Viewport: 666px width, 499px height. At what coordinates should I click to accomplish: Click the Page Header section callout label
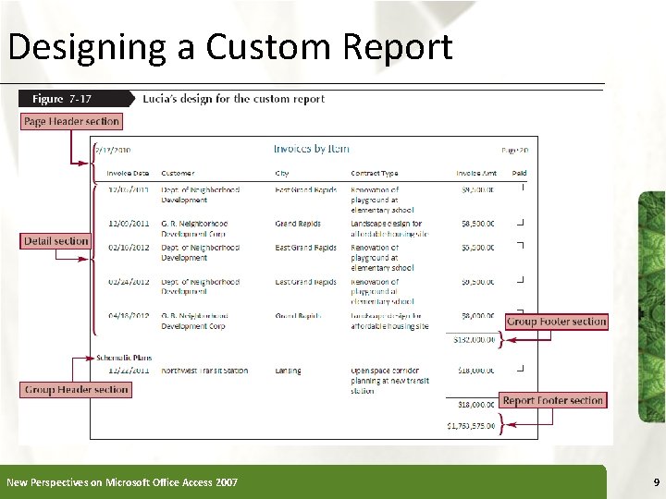point(71,121)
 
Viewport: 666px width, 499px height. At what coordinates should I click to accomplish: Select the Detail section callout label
point(55,241)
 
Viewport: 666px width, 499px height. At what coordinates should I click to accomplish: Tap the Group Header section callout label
point(76,390)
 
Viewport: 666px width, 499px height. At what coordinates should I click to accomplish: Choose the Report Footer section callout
point(553,400)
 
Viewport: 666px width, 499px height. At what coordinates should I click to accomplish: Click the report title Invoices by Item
point(312,149)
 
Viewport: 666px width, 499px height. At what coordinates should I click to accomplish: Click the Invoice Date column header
point(128,173)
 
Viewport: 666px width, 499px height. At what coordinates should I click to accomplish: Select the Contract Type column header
point(375,173)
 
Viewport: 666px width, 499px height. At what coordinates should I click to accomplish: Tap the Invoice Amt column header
point(476,173)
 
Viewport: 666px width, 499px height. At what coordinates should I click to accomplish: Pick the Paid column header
point(519,173)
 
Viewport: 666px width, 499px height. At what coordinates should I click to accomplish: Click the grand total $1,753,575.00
point(471,426)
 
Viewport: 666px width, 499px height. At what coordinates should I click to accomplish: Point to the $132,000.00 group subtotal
point(474,340)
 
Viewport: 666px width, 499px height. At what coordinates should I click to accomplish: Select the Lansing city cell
point(288,371)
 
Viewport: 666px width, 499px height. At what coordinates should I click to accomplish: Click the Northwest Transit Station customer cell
point(204,371)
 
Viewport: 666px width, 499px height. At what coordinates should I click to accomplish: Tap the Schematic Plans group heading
point(123,358)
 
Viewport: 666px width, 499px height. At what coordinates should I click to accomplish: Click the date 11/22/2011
point(128,371)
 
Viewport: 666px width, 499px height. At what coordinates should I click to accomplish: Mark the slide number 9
point(656,482)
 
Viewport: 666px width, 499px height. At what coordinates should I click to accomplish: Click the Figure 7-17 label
point(63,99)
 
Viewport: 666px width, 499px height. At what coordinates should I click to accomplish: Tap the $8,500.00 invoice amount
point(477,224)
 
